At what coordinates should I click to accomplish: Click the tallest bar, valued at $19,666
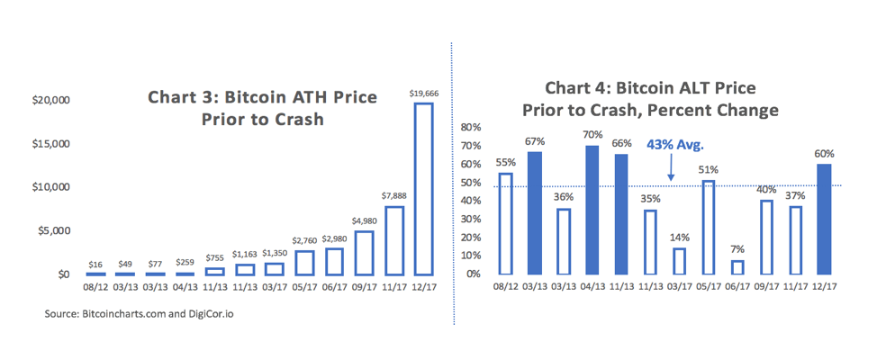(422, 189)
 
